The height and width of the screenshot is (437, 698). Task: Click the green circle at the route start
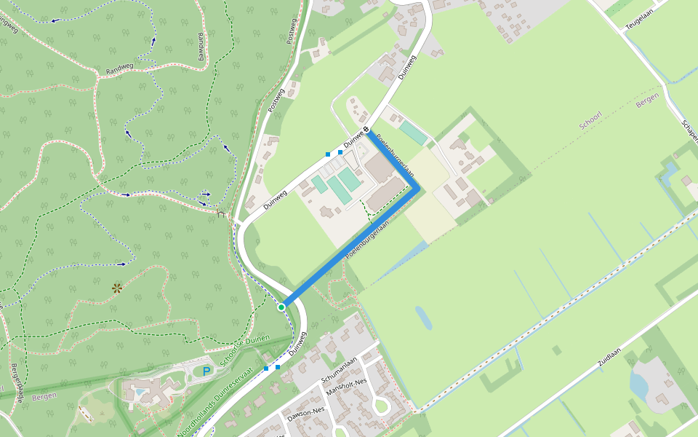(x=281, y=307)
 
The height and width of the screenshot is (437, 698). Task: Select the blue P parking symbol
(x=206, y=371)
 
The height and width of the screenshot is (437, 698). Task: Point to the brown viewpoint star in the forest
(x=116, y=288)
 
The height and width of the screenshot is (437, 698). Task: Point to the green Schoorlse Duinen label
(x=245, y=350)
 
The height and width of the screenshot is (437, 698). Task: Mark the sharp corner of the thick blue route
(x=417, y=188)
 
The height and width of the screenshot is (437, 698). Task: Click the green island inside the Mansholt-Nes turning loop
(x=380, y=405)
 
